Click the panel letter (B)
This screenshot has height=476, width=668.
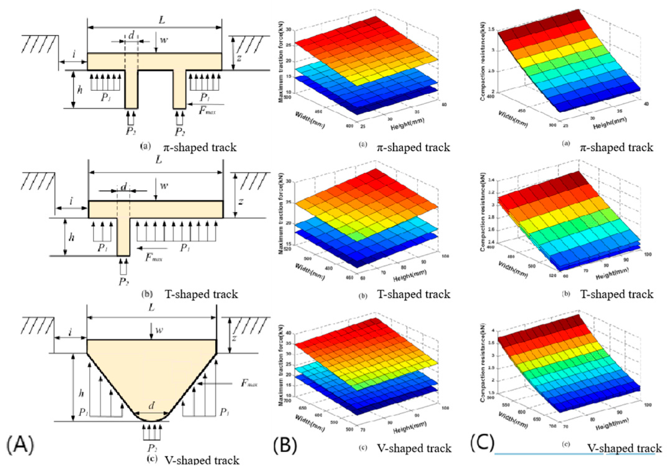point(285,445)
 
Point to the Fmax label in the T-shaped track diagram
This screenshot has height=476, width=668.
point(154,257)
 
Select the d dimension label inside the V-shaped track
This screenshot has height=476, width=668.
point(151,405)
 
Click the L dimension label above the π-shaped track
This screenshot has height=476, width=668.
point(162,20)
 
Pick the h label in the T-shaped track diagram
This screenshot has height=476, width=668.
point(72,237)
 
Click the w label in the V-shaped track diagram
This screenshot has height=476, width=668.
point(159,330)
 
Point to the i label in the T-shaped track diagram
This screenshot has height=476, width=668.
point(71,201)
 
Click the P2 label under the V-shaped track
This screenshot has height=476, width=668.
point(152,448)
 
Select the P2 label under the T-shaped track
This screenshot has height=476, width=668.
point(123,281)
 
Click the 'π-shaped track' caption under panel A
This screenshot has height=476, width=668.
point(200,147)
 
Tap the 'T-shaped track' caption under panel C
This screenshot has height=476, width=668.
point(617,294)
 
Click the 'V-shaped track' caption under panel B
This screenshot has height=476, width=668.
point(414,448)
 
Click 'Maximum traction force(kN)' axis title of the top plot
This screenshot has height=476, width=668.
point(281,62)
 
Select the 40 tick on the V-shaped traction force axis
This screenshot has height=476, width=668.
point(288,333)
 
